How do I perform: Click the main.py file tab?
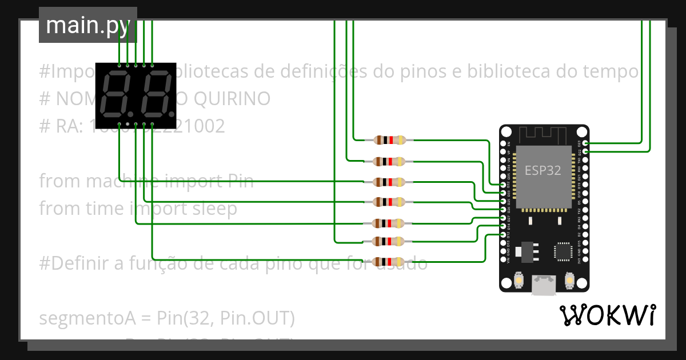pos(87,25)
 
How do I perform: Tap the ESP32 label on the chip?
pos(543,170)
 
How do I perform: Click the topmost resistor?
pos(389,140)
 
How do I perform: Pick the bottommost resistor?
pos(389,262)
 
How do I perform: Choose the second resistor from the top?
pos(389,161)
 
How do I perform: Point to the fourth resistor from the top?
pos(389,202)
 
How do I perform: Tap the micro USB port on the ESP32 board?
pos(544,285)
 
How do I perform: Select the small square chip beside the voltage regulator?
pos(563,251)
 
